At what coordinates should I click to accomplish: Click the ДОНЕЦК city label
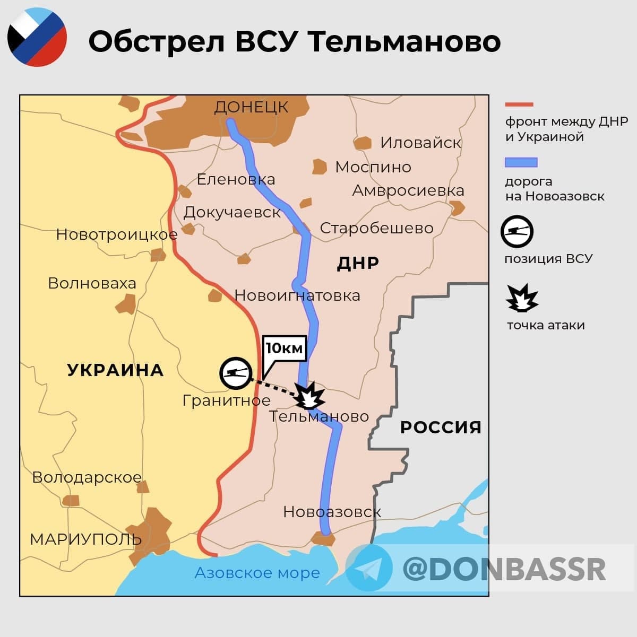[x=251, y=107]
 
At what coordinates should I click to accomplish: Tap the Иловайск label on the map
[x=420, y=143]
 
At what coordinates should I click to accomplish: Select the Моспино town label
[x=373, y=167]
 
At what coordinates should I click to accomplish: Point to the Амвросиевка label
[x=408, y=190]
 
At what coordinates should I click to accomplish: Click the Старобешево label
[x=376, y=228]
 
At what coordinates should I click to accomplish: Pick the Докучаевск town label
[x=232, y=212]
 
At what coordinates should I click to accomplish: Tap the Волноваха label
[x=92, y=283]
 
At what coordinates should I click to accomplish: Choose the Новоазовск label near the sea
[x=332, y=512]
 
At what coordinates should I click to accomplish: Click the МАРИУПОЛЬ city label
[x=85, y=539]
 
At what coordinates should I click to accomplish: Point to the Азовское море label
[x=257, y=573]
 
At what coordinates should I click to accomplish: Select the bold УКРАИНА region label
[x=115, y=370]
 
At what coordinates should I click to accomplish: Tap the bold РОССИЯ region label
[x=441, y=427]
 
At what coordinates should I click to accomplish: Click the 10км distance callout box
[x=285, y=348]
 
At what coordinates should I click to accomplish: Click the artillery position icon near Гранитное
[x=235, y=372]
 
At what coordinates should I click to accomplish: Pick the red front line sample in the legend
[x=519, y=104]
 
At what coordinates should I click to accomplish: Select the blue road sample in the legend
[x=521, y=162]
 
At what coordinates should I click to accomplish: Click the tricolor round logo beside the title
[x=37, y=37]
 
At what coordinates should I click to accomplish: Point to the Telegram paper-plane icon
[x=369, y=568]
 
